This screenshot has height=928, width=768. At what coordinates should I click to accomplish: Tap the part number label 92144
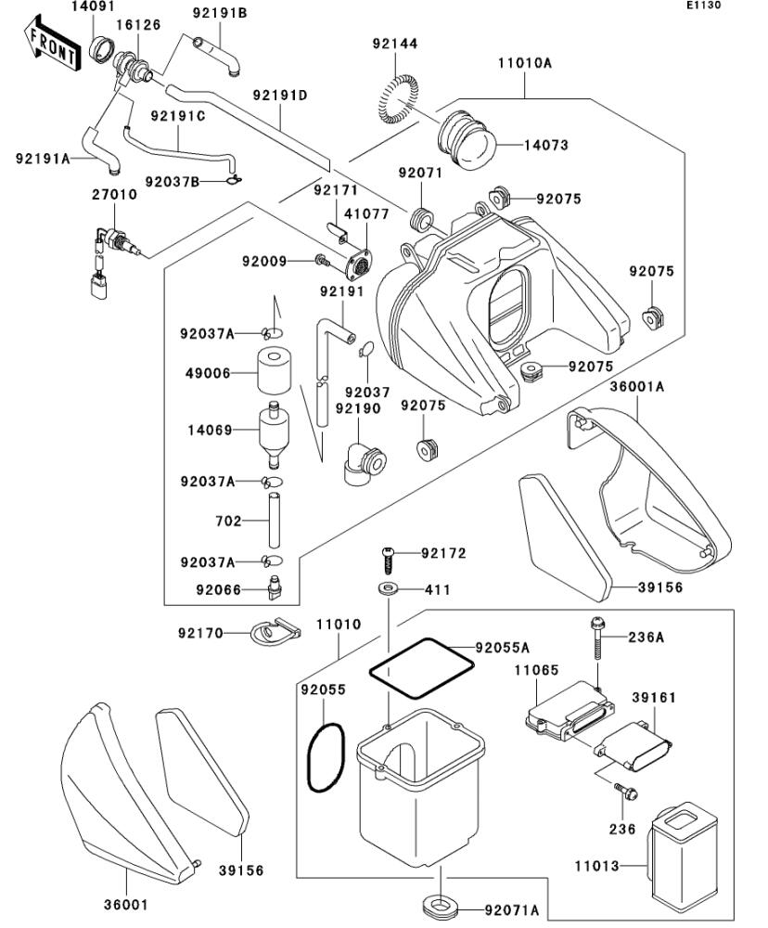coord(395,44)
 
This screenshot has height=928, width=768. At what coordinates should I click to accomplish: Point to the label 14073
coord(545,145)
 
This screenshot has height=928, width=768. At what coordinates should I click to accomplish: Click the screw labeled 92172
coord(387,560)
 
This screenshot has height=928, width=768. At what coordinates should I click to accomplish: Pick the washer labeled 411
coord(388,589)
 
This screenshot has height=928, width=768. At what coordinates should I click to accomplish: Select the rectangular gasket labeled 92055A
coord(421,667)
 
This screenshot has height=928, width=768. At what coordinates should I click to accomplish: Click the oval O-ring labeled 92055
coord(326,757)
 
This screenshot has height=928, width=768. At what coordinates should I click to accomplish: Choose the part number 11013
coord(597,866)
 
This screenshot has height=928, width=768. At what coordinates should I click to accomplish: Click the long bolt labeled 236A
coord(597,638)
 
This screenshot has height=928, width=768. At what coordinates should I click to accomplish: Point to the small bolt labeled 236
coord(624,792)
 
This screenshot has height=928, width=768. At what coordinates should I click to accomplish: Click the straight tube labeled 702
coord(274,520)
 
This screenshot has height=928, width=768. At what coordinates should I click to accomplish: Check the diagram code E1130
coord(703,6)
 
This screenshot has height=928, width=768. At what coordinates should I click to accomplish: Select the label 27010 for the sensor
coord(114,195)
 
